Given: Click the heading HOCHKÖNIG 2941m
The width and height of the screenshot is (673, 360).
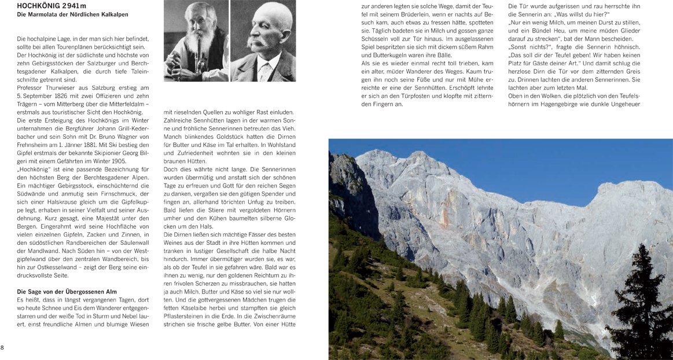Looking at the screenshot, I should coord(52,6).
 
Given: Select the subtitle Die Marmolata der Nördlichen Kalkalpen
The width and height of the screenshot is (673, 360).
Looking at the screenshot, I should coord(73,14).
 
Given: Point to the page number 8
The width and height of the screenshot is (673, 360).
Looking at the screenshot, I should coord(2,347).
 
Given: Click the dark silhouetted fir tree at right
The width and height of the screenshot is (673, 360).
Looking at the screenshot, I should coord(641,307).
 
